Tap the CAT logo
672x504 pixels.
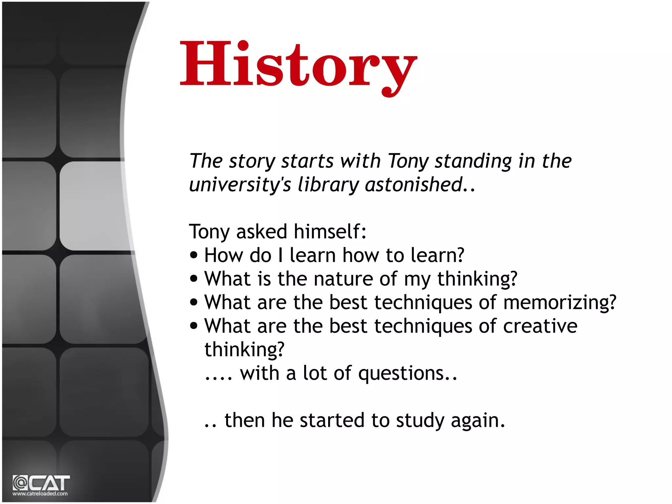click(x=41, y=483)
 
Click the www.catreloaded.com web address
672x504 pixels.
click(x=40, y=493)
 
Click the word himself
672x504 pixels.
click(x=330, y=231)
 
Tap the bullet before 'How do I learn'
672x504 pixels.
click(x=194, y=255)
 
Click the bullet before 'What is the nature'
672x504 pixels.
click(x=194, y=279)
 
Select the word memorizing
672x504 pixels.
click(x=560, y=302)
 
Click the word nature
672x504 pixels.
click(x=343, y=279)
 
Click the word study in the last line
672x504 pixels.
click(x=420, y=421)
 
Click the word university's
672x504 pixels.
click(x=240, y=185)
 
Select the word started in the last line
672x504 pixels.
click(x=332, y=420)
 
